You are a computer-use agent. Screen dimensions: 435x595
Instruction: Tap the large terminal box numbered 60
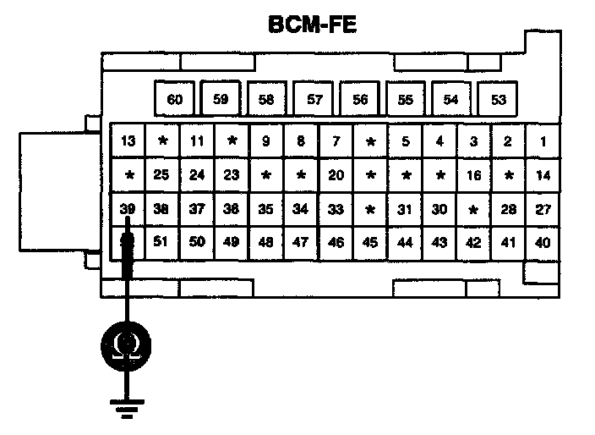pyautogui.click(x=175, y=99)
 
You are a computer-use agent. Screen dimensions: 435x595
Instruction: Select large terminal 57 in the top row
pyautogui.click(x=314, y=99)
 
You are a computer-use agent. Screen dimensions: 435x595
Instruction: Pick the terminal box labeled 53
pyautogui.click(x=498, y=99)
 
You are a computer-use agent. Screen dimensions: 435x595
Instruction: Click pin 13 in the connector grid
pyautogui.click(x=128, y=141)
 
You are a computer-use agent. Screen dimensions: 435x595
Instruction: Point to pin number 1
pyautogui.click(x=543, y=141)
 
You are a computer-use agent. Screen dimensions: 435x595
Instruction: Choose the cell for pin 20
pyautogui.click(x=336, y=175)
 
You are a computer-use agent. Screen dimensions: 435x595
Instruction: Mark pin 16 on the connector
pyautogui.click(x=474, y=175)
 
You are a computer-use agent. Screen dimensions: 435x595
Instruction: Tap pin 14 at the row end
pyautogui.click(x=543, y=175)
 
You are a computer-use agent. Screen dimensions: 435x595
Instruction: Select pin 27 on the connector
pyautogui.click(x=543, y=209)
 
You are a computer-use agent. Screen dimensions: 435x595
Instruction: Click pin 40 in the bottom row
pyautogui.click(x=543, y=242)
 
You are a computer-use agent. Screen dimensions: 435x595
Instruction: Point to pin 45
pyautogui.click(x=370, y=242)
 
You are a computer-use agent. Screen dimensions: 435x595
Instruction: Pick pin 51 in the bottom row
pyautogui.click(x=162, y=242)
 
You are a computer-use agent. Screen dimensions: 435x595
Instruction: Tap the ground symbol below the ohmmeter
pyautogui.click(x=128, y=412)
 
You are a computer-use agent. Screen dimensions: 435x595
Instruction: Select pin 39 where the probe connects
pyautogui.click(x=128, y=209)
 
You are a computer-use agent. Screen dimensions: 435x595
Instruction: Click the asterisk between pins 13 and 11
pyautogui.click(x=162, y=141)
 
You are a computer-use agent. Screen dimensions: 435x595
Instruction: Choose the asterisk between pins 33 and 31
pyautogui.click(x=370, y=209)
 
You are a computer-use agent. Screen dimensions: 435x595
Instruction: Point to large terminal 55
pyautogui.click(x=406, y=99)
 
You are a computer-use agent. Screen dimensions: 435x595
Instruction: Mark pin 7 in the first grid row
pyautogui.click(x=336, y=141)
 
